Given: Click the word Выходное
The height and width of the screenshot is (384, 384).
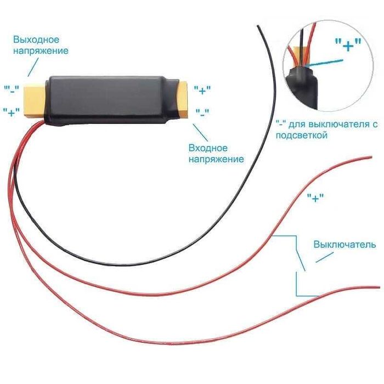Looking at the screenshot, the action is pos(36,39).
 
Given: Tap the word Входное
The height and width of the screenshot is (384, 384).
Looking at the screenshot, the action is pos(208,148).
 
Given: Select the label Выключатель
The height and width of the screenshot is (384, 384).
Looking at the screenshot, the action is pos(345,245).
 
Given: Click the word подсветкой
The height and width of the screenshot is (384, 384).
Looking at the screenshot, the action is pos(302,135).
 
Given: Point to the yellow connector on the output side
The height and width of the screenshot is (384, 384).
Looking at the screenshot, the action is pos(34,100).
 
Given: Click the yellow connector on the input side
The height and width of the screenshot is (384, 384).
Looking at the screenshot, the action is pos(183,100).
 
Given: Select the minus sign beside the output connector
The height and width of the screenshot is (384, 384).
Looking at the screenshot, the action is pos(12,89).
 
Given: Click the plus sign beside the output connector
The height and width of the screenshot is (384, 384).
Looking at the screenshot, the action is pos(12,112).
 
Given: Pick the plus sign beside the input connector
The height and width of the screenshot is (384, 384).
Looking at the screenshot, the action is pos(202,90).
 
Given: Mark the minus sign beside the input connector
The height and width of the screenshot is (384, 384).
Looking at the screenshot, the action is pos(202,112).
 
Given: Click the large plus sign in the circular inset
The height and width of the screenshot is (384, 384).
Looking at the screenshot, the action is pos(348,44).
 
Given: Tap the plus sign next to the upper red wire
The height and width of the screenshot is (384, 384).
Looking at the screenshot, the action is pos(315,197).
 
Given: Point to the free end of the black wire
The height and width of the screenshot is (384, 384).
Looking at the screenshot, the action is pos(257,26).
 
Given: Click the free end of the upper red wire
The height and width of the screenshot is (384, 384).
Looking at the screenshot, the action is pos(371,157).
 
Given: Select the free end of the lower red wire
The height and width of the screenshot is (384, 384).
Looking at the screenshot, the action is pos(379,287).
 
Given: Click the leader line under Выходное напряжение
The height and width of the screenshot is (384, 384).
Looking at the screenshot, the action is pos(33,67).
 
